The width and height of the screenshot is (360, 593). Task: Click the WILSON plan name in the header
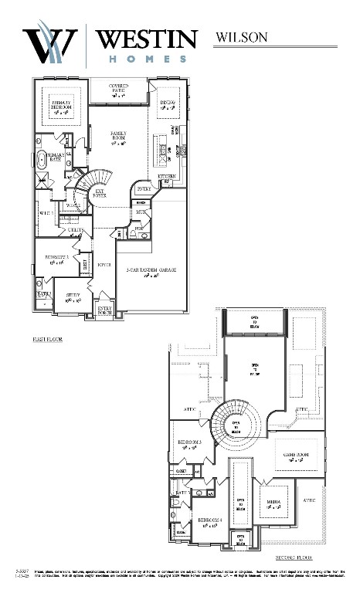click(x=241, y=36)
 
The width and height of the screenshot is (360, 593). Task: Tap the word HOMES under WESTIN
click(x=147, y=58)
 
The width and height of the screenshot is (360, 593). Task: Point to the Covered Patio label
click(x=118, y=91)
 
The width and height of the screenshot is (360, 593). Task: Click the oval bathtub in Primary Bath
click(x=41, y=162)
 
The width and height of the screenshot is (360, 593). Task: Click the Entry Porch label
click(x=104, y=310)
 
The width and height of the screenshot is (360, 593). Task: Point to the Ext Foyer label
click(x=100, y=194)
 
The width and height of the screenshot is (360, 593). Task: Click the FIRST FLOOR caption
click(x=48, y=338)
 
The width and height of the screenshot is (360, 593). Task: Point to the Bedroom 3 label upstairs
click(x=189, y=443)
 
